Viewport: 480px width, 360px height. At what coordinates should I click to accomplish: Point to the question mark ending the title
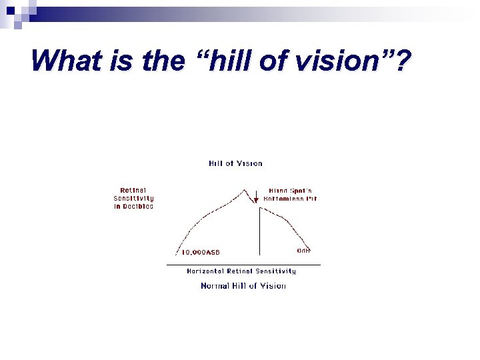(x=402, y=61)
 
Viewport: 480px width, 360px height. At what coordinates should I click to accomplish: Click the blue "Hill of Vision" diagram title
(x=235, y=163)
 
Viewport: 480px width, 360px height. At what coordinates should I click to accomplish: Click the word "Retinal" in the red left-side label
(x=133, y=190)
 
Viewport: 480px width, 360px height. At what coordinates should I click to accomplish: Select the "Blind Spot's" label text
(x=290, y=191)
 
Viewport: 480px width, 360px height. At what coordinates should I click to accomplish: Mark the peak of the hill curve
(x=245, y=189)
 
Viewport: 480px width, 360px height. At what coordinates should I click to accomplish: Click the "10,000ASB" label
(x=201, y=253)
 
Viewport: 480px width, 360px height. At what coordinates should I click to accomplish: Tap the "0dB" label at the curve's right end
(x=303, y=251)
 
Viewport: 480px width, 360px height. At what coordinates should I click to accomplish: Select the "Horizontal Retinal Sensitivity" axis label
(x=241, y=271)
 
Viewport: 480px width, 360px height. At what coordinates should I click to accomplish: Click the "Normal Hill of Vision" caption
(x=243, y=286)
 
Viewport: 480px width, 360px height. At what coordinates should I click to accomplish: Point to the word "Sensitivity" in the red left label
(x=133, y=198)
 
